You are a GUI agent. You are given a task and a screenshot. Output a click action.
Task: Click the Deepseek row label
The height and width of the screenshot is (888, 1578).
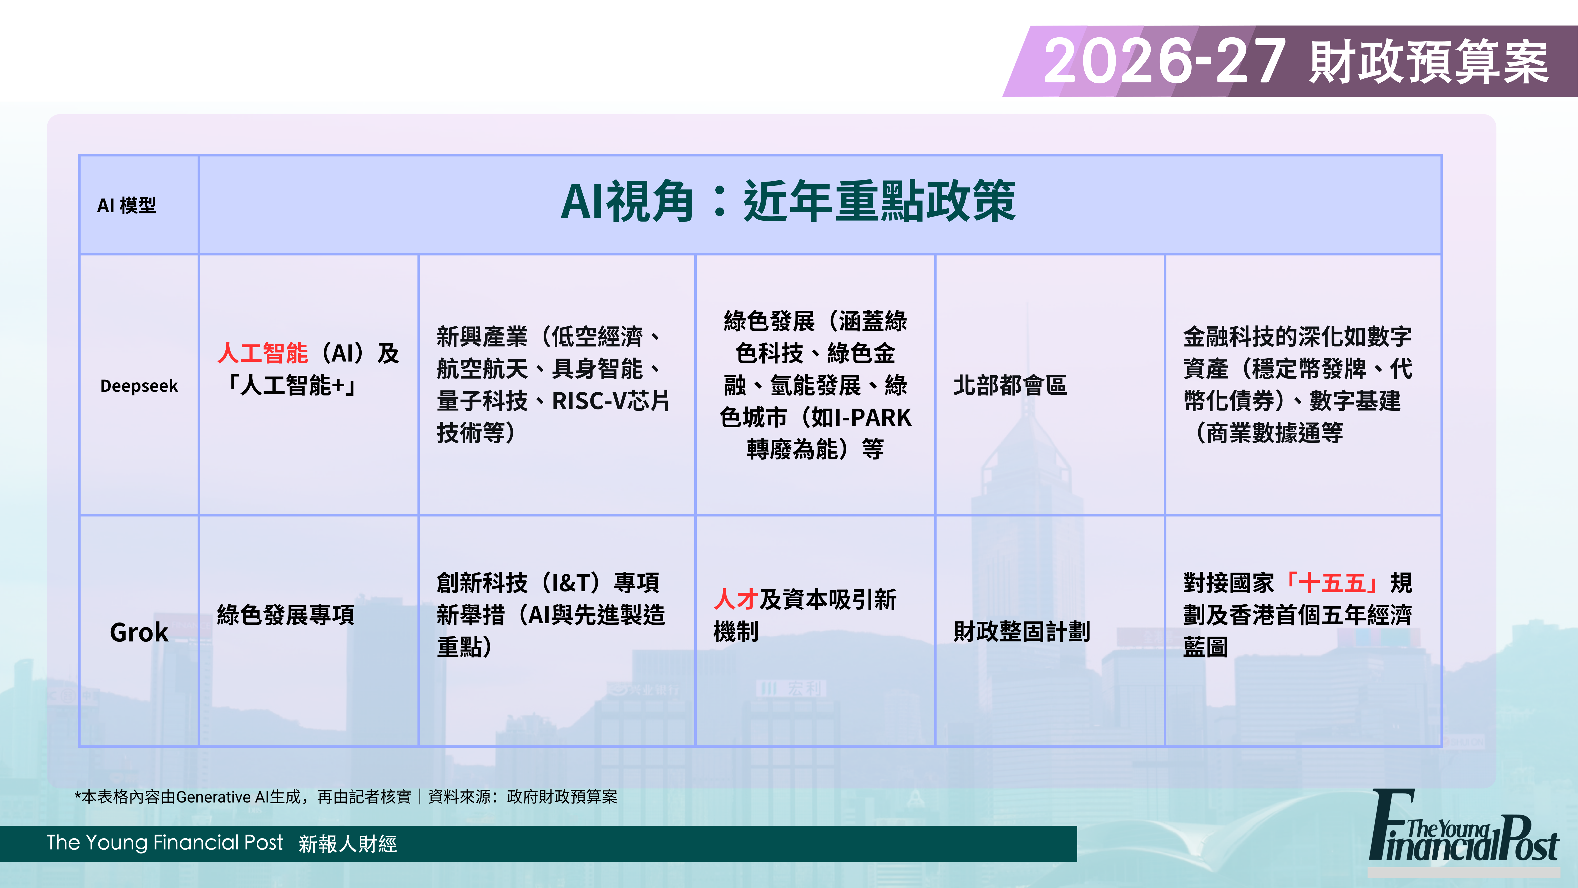click(139, 386)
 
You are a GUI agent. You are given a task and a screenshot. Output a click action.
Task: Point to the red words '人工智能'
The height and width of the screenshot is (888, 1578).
click(263, 354)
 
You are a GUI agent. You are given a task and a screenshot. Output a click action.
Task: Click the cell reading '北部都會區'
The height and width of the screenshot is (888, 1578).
click(1010, 385)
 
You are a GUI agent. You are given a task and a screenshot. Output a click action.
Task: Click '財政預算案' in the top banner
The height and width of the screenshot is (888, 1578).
click(1429, 61)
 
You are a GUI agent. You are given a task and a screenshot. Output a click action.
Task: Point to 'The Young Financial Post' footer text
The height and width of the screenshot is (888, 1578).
click(165, 843)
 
